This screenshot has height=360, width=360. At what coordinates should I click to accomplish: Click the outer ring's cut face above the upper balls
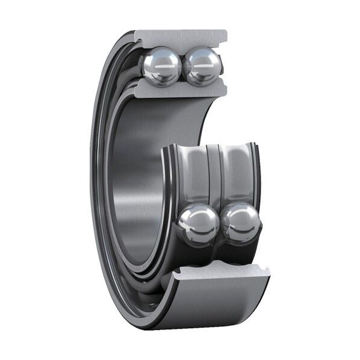pyautogui.click(x=181, y=37)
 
